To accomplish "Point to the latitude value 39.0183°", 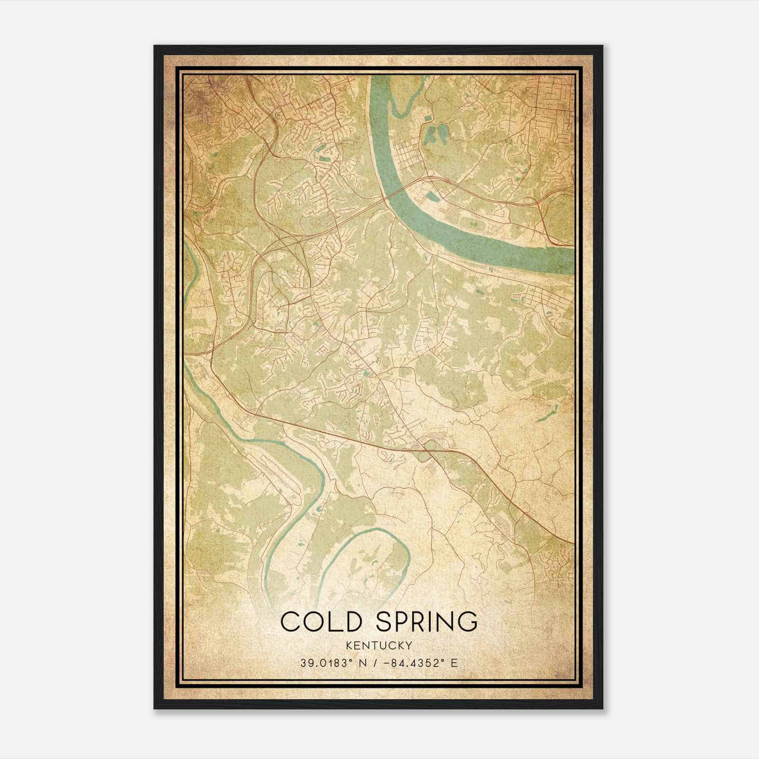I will tap(327, 663).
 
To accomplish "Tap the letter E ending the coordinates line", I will tap(454, 663).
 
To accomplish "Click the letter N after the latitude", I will tap(363, 663).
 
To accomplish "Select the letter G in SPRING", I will tap(467, 621).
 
